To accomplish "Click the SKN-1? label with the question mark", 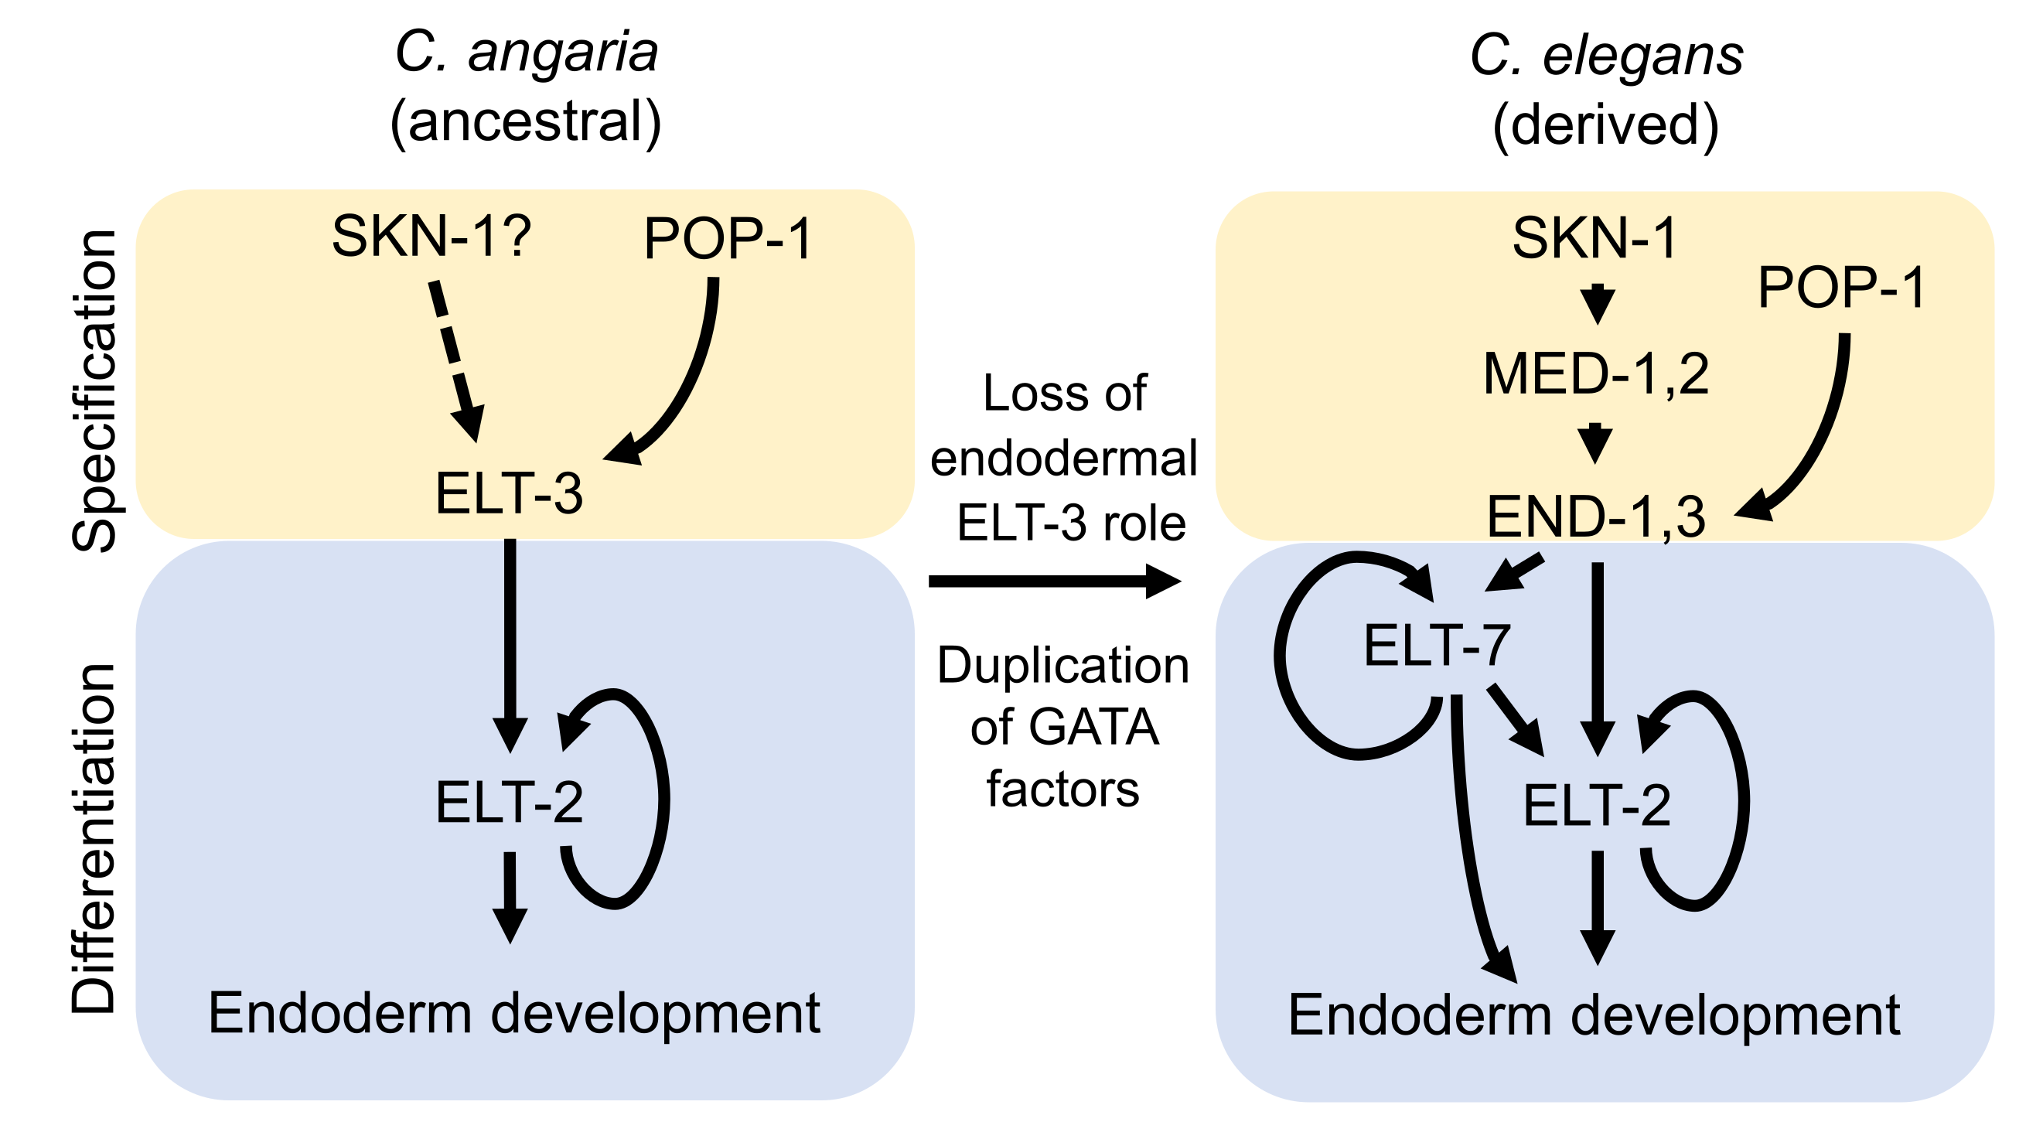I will (x=431, y=236).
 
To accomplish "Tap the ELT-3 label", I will (x=509, y=493).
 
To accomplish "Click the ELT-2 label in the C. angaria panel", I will (x=509, y=803).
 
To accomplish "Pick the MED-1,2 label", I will (x=1596, y=374).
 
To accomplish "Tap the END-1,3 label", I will (x=1596, y=517).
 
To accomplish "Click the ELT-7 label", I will (x=1436, y=646).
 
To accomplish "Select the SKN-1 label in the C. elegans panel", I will (x=1594, y=237).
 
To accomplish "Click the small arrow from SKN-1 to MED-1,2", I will (x=1598, y=304).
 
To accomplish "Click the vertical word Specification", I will (x=95, y=390).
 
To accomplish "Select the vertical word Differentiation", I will (x=95, y=839).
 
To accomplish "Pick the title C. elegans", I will (x=1606, y=56).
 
